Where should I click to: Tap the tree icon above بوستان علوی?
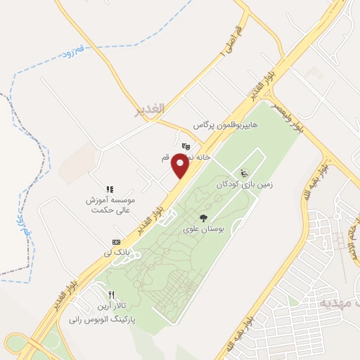[x=203, y=217]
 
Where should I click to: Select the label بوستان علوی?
[x=203, y=229]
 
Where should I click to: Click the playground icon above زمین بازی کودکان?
[x=244, y=174]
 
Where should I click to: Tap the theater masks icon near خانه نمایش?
[x=185, y=146]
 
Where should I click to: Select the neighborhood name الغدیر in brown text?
[x=149, y=109]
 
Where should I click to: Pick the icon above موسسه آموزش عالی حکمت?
[x=110, y=189]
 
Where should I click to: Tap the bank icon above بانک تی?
[x=116, y=241]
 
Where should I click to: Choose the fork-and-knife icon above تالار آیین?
[x=111, y=295]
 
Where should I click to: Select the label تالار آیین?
[x=110, y=307]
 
